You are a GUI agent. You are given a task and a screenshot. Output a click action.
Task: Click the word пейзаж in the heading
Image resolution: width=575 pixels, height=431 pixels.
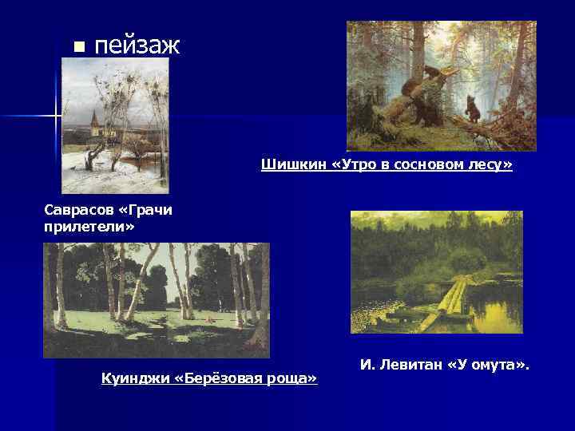(x=137, y=45)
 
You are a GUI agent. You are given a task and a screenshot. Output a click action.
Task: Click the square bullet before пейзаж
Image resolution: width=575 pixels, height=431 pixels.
(x=77, y=46)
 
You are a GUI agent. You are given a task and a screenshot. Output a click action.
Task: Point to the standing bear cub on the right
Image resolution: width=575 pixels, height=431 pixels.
(x=473, y=109)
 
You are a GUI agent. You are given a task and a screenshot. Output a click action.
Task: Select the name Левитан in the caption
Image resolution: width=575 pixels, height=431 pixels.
(x=410, y=365)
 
